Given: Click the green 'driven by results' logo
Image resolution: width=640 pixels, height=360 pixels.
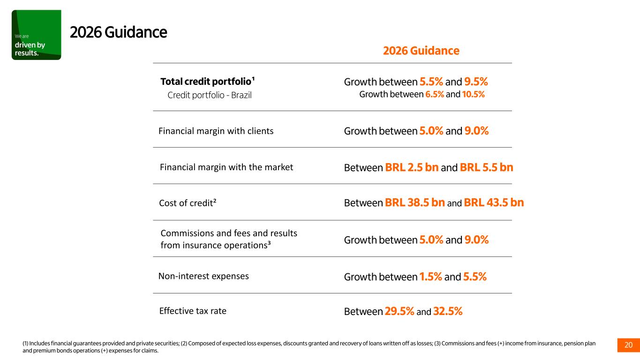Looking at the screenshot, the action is pyautogui.click(x=36, y=35).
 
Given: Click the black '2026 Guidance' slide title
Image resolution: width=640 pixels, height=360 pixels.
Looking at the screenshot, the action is pyautogui.click(x=118, y=32).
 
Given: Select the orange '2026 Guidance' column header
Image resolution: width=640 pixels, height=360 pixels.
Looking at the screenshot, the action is pyautogui.click(x=421, y=51).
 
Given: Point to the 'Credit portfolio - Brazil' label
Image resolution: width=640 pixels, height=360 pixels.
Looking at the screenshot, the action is pyautogui.click(x=210, y=95).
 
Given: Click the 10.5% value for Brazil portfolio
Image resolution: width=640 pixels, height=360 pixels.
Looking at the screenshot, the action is pyautogui.click(x=473, y=94).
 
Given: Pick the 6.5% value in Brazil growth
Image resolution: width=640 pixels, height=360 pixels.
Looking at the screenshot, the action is pyautogui.click(x=435, y=94).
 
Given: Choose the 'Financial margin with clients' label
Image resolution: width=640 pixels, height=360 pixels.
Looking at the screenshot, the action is pyautogui.click(x=216, y=131).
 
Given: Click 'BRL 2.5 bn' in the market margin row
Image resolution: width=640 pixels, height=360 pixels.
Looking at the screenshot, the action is pyautogui.click(x=412, y=167).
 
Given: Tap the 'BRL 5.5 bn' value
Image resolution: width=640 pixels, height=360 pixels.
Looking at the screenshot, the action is pyautogui.click(x=487, y=167).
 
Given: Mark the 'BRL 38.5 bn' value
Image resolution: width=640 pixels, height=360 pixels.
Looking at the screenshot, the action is pyautogui.click(x=415, y=202).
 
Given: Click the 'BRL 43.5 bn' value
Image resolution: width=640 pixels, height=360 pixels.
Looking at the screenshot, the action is pyautogui.click(x=494, y=202).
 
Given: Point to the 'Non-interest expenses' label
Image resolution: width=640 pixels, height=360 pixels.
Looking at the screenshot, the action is pyautogui.click(x=203, y=276).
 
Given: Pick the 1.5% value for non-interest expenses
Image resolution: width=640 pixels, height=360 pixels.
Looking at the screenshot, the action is pyautogui.click(x=430, y=277).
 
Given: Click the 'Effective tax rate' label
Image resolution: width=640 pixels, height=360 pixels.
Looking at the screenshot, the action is pyautogui.click(x=193, y=311).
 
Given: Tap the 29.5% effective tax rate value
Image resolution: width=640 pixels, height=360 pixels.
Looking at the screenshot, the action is pyautogui.click(x=399, y=311).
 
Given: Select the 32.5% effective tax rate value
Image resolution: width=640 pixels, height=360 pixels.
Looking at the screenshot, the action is pyautogui.click(x=448, y=311).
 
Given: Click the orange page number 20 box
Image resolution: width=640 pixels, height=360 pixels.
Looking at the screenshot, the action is pyautogui.click(x=629, y=345).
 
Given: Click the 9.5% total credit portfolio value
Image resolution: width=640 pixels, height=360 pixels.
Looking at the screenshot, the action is pyautogui.click(x=476, y=82).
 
